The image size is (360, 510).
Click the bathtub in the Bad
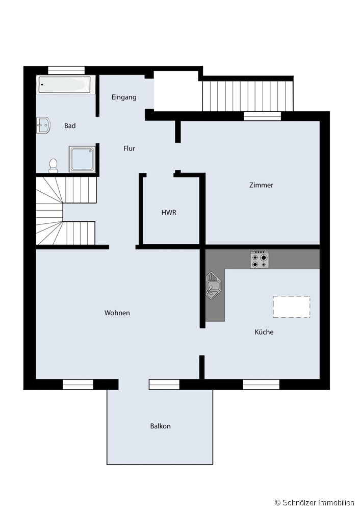coord(66,85)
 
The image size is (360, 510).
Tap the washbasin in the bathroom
coord(43,125)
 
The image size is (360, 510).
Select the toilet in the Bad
coord(53,166)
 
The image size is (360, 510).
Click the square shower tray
coord(82,159)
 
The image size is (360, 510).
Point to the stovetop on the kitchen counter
coord(260,259)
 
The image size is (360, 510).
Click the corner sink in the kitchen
coord(213,286)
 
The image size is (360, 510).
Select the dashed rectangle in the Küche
coord(291,307)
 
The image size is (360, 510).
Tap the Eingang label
coord(124,97)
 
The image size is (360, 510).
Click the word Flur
coord(129,148)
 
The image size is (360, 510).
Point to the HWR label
coord(169,212)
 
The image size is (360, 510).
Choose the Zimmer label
coord(261,185)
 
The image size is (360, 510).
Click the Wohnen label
coord(117,313)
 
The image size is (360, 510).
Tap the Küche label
coord(264,332)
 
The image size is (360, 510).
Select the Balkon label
coord(160,426)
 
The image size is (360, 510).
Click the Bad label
coord(70,125)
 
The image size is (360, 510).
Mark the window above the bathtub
coord(66,70)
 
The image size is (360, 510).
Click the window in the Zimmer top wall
coord(263,116)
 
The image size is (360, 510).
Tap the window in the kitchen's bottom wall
coord(261,385)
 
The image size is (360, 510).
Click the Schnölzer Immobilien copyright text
coord(315,503)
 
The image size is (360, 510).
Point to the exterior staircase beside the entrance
coord(248,96)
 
